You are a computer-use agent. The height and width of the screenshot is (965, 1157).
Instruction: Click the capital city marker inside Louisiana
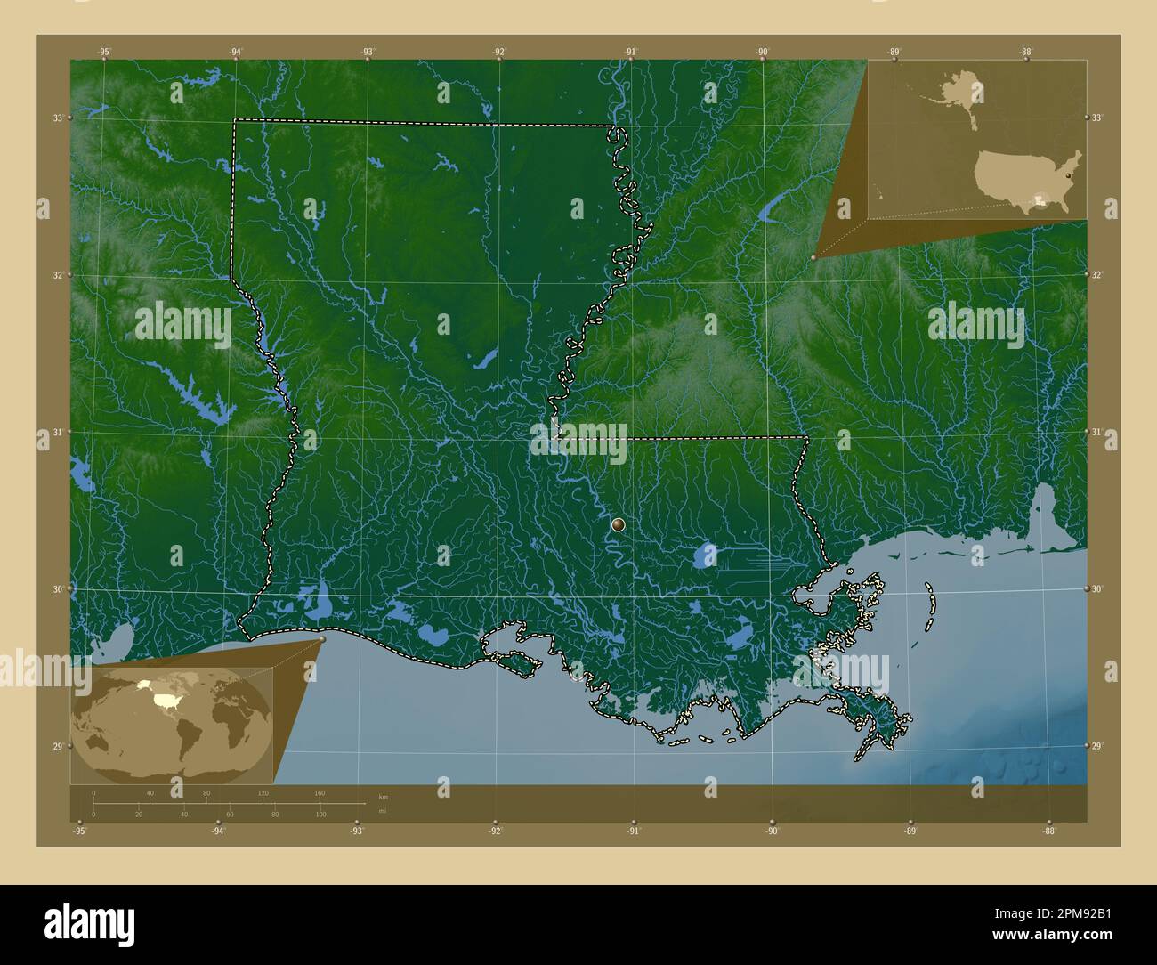619,525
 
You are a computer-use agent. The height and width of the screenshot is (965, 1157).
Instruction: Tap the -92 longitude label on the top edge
498,52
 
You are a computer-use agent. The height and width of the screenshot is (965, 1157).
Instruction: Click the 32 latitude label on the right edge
1097,275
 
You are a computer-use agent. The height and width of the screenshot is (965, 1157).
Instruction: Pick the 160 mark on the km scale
320,792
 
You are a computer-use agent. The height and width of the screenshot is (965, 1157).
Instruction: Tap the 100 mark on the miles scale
320,815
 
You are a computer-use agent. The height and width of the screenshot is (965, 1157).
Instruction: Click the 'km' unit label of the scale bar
384,797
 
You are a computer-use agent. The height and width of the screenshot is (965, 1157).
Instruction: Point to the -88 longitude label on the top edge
1025,52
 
